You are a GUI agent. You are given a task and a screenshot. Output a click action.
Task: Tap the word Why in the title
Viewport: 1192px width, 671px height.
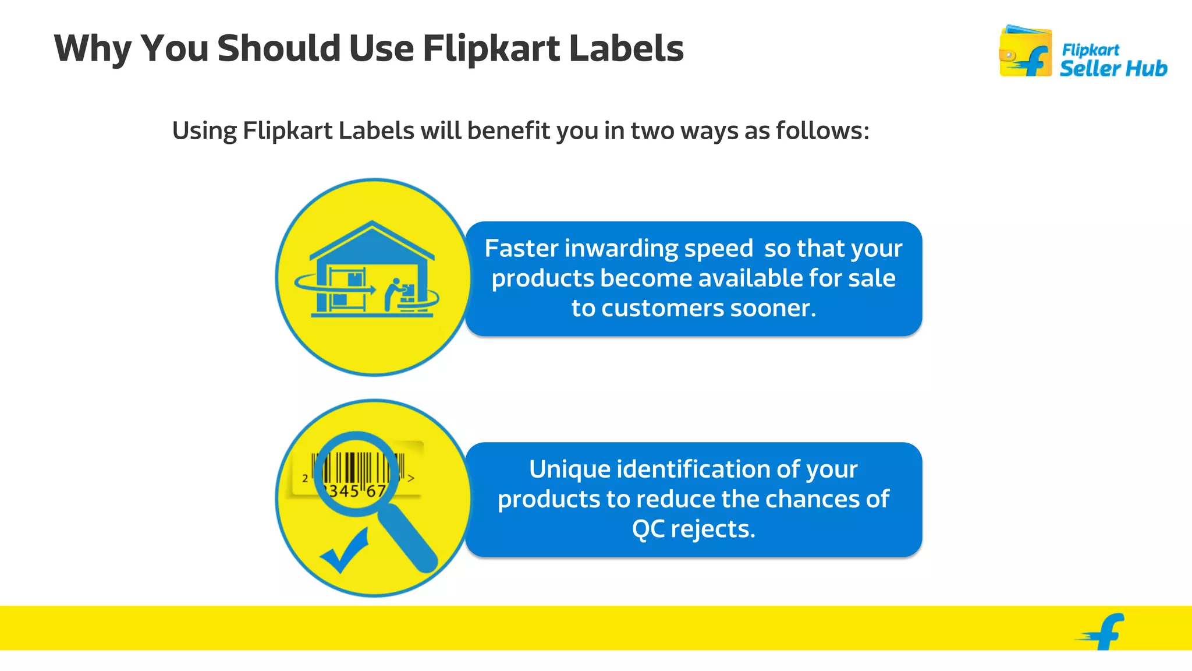pos(93,49)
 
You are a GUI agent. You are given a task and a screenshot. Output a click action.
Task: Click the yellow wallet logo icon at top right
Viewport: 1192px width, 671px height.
pos(1025,52)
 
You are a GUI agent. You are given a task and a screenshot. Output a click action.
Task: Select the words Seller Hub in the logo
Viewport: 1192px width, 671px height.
pos(1113,69)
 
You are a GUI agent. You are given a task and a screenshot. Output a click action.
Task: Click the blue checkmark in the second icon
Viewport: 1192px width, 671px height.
pos(345,550)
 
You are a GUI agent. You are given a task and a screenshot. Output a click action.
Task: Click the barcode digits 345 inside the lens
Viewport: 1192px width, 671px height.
pos(343,491)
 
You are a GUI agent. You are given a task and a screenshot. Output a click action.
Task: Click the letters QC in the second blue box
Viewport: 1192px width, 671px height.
pos(648,529)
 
